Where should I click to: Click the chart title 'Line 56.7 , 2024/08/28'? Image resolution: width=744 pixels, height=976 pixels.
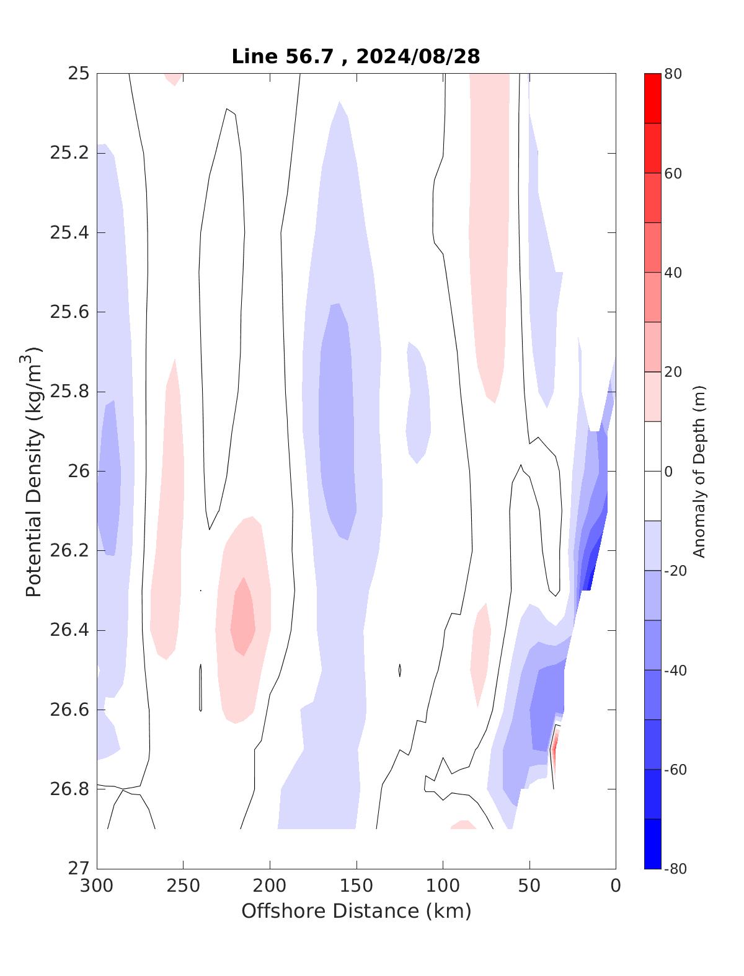pos(355,56)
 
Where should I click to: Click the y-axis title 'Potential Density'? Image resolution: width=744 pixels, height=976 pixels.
pos(34,472)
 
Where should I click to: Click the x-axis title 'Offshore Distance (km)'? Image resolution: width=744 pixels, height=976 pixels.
pos(356,911)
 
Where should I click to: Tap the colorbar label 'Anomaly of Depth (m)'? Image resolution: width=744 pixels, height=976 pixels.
pos(699,472)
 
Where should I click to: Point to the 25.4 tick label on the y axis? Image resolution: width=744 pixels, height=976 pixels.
pos(69,233)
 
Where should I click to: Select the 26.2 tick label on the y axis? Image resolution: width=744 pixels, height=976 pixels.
pos(69,551)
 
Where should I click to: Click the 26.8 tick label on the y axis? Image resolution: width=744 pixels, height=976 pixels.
pos(69,789)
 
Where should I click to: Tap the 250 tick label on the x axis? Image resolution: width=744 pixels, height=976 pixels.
pos(184,886)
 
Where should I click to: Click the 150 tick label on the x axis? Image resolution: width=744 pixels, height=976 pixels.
pos(356,886)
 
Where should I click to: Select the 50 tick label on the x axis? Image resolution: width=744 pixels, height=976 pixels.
pos(529,886)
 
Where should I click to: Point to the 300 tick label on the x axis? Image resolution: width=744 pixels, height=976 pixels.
pos(97,886)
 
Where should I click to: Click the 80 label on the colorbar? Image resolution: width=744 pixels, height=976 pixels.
pos(673,74)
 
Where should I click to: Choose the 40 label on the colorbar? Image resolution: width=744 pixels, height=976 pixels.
pos(673,273)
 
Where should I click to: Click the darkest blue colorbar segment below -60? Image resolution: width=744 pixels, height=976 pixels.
pos(652,843)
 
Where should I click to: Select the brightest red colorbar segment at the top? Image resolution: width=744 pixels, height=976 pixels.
pos(652,99)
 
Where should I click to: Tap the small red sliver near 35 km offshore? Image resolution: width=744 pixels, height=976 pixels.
pos(554,747)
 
